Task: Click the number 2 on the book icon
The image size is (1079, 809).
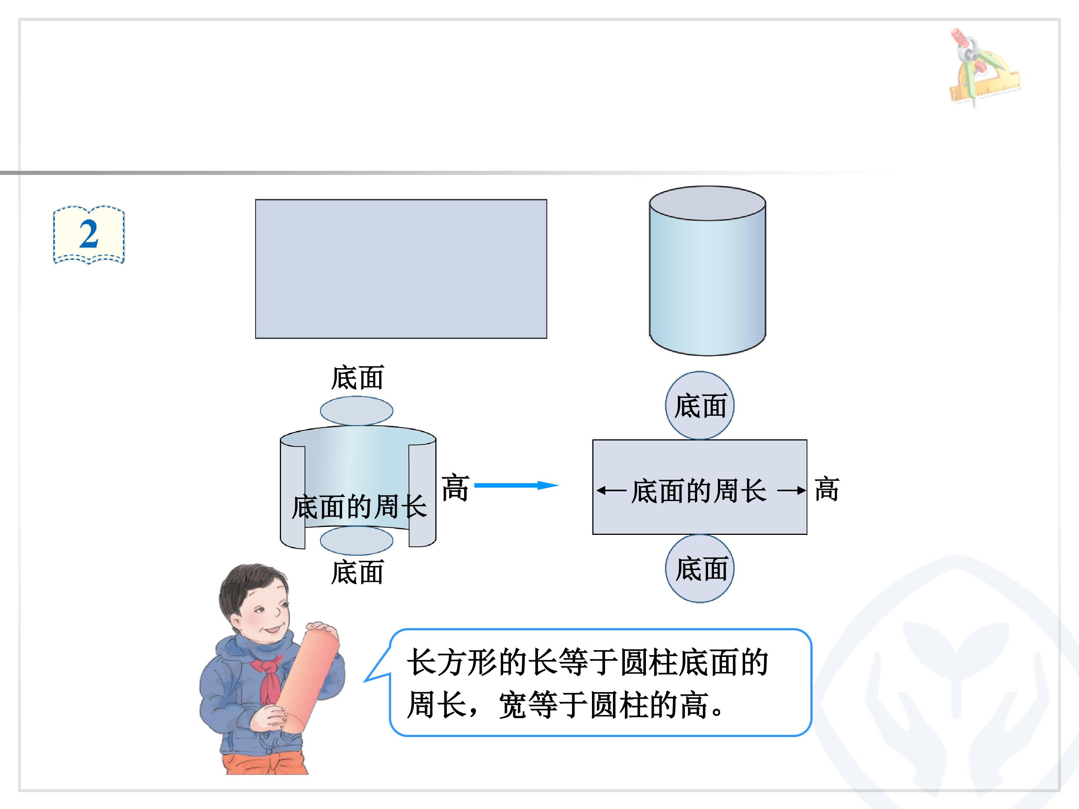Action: pos(89,234)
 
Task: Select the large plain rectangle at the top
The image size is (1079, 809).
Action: pos(401,269)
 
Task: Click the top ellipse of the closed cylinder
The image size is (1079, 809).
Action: pos(707,203)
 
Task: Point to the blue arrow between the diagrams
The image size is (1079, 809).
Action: pos(516,485)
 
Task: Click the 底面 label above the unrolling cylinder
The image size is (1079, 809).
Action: pos(357,378)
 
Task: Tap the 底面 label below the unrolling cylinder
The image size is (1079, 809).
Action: pos(357,572)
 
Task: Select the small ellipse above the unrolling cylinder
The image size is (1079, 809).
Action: pos(357,410)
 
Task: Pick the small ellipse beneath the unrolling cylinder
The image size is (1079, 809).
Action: pos(357,540)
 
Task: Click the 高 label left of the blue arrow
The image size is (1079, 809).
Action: pos(455,488)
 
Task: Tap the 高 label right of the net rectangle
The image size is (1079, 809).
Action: pos(827,490)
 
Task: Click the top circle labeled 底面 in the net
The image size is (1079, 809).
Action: pos(700,405)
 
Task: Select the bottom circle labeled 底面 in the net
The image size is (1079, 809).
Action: pos(700,569)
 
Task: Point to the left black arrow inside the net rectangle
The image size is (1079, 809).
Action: pos(611,491)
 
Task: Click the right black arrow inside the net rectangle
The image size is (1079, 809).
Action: pos(791,491)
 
